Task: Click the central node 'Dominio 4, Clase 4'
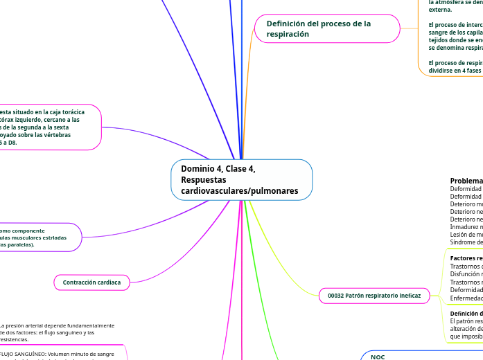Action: click(241, 179)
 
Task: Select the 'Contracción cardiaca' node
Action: click(91, 282)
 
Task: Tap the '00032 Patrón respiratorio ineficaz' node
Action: click(374, 296)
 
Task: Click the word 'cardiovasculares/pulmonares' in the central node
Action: click(239, 190)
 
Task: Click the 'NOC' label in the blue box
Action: click(378, 357)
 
